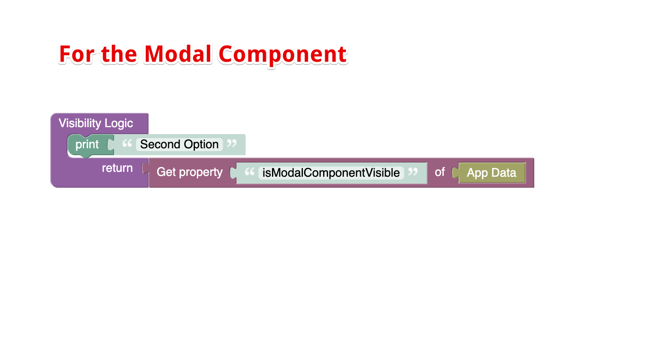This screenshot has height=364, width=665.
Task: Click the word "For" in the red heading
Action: point(77,54)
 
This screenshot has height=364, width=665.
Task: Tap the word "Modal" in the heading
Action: point(178,54)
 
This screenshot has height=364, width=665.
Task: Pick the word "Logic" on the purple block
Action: point(119,123)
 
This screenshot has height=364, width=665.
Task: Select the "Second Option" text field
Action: point(179,144)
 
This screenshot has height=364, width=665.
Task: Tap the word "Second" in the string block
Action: point(160,144)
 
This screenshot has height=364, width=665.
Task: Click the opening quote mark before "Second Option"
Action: point(127,143)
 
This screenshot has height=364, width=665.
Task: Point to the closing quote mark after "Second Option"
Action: point(232,143)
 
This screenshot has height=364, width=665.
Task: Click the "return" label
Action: point(117,168)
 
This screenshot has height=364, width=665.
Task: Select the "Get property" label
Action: point(190,172)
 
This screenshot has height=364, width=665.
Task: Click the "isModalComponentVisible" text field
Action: point(331,173)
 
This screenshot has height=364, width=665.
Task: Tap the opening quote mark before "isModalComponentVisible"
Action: point(250,172)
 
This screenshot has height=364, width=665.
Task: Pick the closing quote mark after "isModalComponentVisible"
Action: point(413,172)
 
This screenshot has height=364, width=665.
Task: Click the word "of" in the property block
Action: point(440,172)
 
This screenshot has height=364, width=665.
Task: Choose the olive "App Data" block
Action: point(492,173)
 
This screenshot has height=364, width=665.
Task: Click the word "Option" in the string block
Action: point(201,144)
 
